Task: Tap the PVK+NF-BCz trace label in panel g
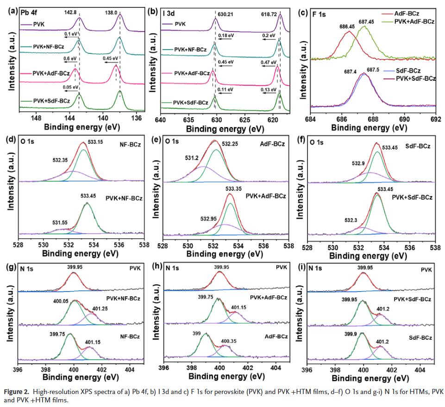pyautogui.click(x=123, y=298)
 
